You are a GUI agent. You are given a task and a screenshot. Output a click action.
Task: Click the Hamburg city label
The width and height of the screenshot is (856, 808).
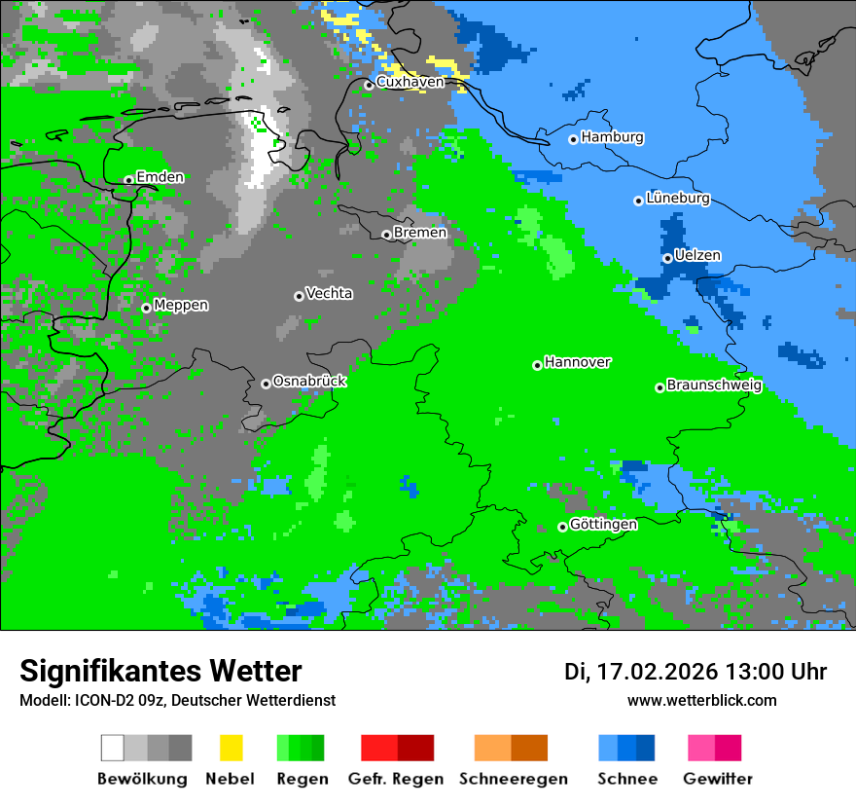pos(612,137)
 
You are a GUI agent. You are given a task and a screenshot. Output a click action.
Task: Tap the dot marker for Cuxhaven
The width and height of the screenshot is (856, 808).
pos(369,85)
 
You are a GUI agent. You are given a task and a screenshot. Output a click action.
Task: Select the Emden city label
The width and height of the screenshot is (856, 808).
pos(160,177)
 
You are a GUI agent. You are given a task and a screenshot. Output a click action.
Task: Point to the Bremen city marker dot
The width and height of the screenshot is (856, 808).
pos(386,235)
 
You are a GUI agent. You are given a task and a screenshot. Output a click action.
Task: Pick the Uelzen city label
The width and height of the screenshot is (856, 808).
pos(697,255)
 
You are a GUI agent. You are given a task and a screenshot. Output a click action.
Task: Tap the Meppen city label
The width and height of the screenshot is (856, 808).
pos(181,305)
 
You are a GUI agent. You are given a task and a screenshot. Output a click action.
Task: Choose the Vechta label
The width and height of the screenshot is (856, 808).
pos(329,293)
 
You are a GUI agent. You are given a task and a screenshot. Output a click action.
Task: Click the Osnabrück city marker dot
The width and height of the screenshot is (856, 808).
pos(266,384)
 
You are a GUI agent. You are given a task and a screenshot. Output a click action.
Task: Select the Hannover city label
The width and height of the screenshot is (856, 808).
pos(578,362)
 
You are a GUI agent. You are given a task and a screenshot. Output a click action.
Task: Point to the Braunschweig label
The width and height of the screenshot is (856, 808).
pos(714,386)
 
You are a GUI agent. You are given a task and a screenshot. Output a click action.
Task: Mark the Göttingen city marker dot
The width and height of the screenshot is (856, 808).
pos(562,527)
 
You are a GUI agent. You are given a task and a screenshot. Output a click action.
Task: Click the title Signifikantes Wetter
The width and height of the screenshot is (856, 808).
pos(160,671)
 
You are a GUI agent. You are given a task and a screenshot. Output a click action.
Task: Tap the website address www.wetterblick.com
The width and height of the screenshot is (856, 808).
pos(701,700)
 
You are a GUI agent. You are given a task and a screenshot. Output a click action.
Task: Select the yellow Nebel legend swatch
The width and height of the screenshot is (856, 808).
pos(231,748)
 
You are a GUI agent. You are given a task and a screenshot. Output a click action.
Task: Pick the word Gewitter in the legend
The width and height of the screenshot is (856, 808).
pos(717,779)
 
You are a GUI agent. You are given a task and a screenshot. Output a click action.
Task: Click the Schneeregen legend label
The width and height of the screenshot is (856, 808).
pos(514,779)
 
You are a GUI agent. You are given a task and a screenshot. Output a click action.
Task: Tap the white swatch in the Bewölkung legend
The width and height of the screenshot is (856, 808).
pos(113,748)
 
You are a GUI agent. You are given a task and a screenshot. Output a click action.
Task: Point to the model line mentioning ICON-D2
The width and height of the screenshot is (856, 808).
pos(177,700)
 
